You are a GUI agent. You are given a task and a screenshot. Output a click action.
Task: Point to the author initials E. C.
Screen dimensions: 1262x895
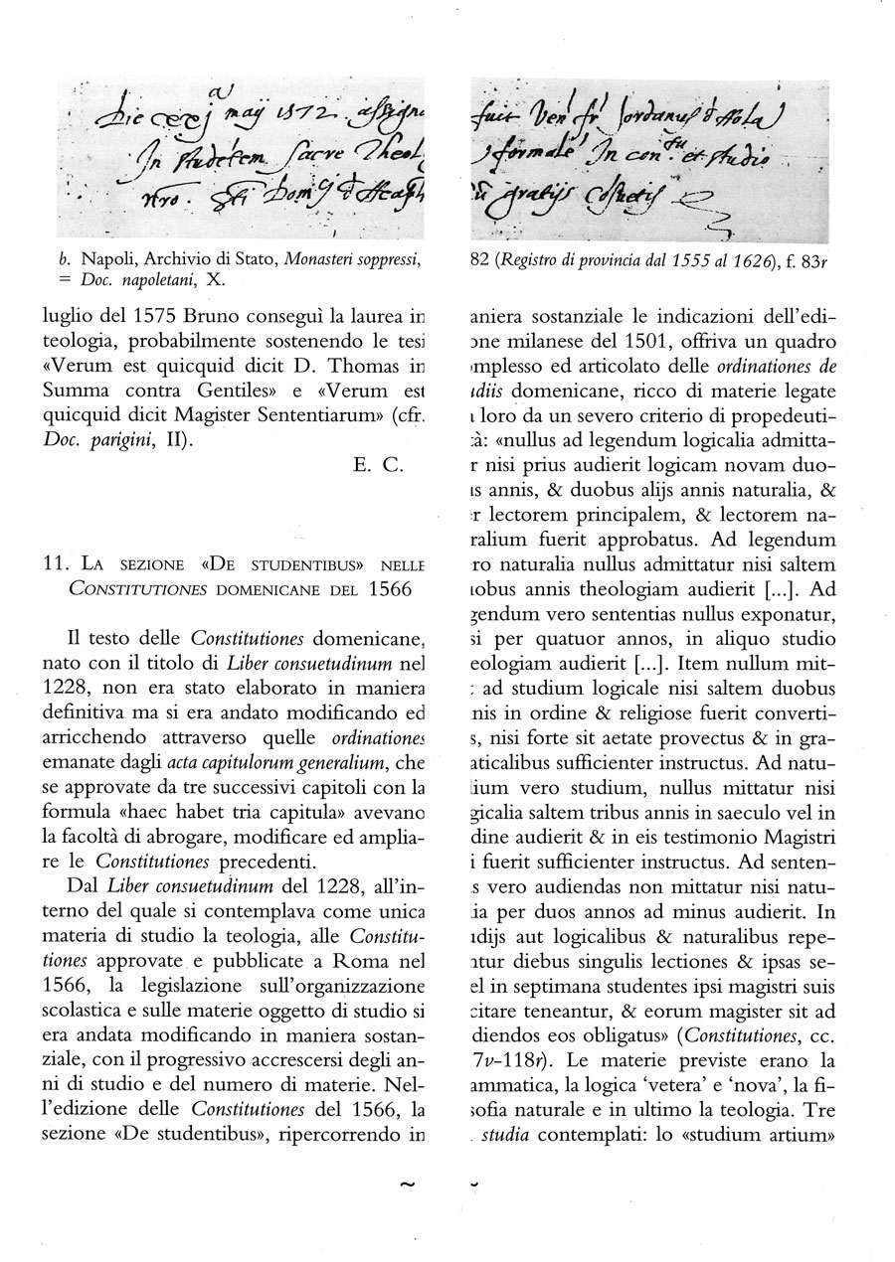[x=374, y=465]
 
